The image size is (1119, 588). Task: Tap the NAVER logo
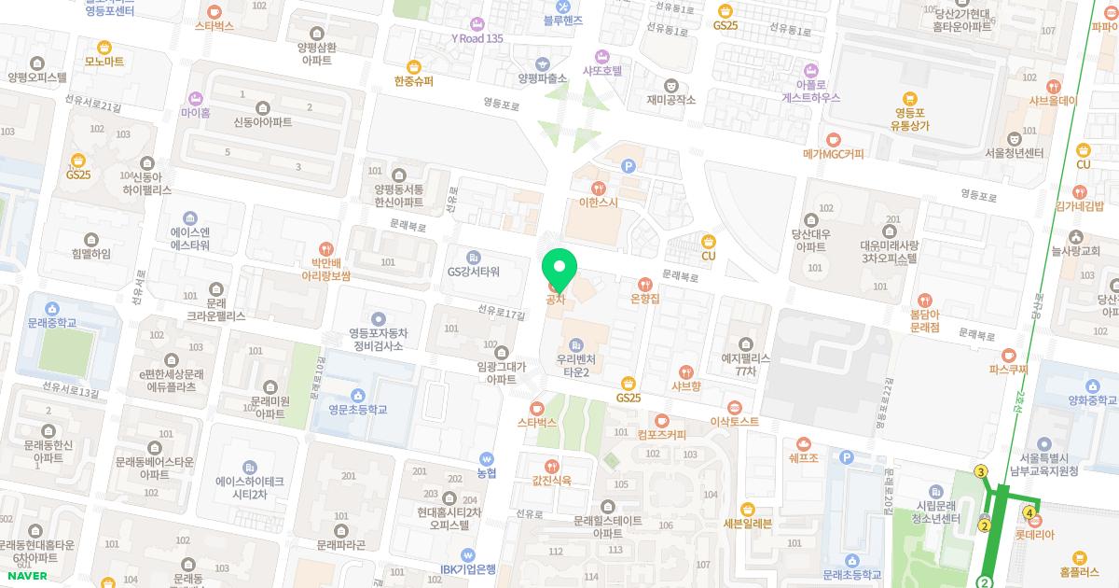pos(26,576)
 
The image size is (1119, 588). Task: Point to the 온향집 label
pos(644,299)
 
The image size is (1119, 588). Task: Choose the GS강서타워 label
pos(474,272)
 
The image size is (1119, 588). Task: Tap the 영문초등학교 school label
pos(356,409)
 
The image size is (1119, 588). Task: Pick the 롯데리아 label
pos(1034,535)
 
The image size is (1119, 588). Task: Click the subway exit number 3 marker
pos(981,471)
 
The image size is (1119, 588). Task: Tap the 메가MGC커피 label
pos(833,153)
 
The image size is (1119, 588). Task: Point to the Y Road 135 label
pos(477,38)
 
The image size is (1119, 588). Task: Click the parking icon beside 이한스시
pos(628,166)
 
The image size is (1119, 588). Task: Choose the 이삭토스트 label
pos(735,421)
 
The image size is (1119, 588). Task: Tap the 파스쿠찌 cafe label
pos(1008,369)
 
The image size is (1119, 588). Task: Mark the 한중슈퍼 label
pos(413,81)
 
